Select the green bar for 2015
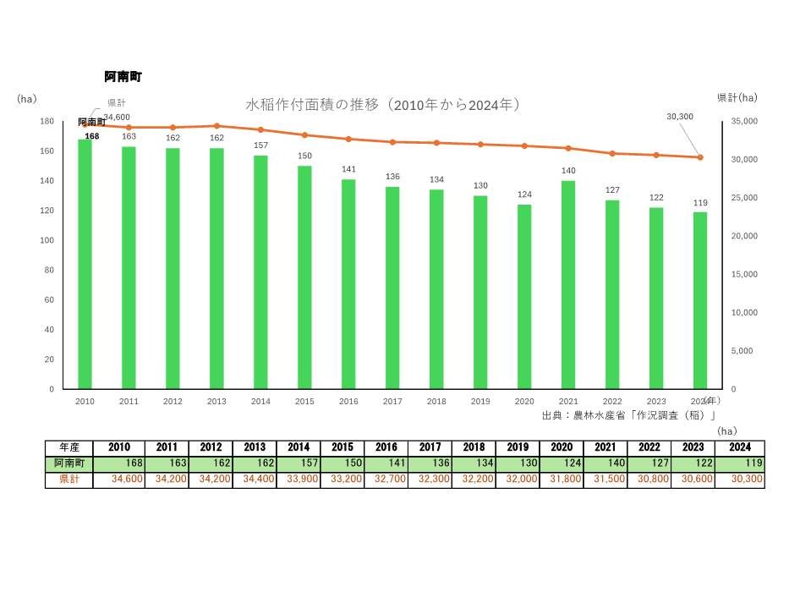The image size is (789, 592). click(304, 277)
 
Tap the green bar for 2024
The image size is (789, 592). click(700, 300)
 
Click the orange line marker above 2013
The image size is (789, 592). click(216, 126)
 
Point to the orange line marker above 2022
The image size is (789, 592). click(612, 153)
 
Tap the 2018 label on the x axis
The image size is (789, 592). click(436, 402)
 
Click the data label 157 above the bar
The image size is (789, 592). click(260, 145)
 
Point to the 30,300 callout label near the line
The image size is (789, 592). click(680, 116)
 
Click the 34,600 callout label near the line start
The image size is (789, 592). click(117, 117)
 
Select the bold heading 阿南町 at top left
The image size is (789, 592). click(123, 77)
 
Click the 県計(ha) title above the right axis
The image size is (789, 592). click(737, 98)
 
